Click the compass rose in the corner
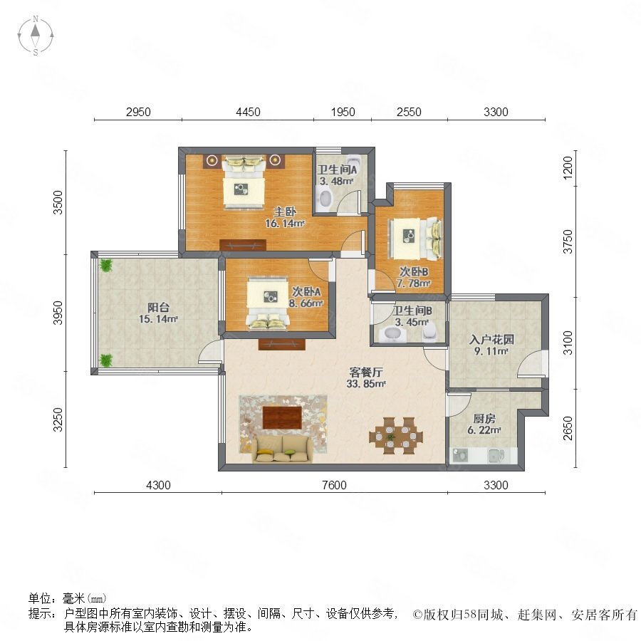tap(36, 35)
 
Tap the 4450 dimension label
tap(248, 112)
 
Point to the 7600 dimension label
tap(334, 485)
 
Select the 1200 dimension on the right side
tap(568, 167)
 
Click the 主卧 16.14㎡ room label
tap(285, 217)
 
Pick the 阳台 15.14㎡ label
tap(158, 313)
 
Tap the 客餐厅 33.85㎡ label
tap(366, 377)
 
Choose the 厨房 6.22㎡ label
tap(484, 424)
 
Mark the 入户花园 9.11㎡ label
tap(491, 345)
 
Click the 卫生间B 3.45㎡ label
tap(412, 316)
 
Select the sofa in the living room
tap(283, 449)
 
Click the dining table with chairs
tap(396, 436)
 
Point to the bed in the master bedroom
tap(244, 183)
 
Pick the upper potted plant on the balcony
tap(106, 265)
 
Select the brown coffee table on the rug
tap(282, 417)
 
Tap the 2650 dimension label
tap(568, 428)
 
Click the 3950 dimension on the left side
tap(58, 313)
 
